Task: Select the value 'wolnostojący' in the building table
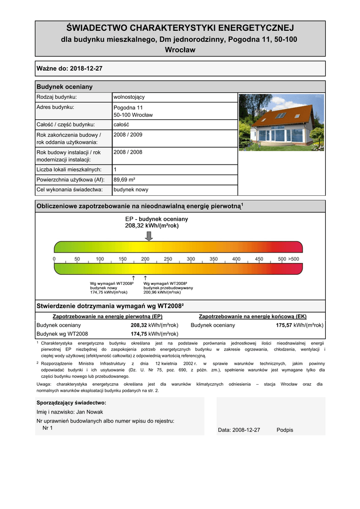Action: pos(129,97)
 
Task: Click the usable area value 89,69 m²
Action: pos(124,179)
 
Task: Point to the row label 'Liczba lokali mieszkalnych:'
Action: pos(69,170)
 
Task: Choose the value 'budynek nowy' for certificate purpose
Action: pos(131,189)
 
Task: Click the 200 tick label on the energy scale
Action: pos(145,259)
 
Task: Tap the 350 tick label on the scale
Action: pos(213,259)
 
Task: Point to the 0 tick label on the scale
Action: pos(54,259)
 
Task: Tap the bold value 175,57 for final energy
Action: pos(284,325)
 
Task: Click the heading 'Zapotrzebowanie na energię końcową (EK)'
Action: pos(253,316)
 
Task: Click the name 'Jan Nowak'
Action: pos(90,412)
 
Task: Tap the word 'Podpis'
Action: pos(285,430)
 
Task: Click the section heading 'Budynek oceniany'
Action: pos(65,86)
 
